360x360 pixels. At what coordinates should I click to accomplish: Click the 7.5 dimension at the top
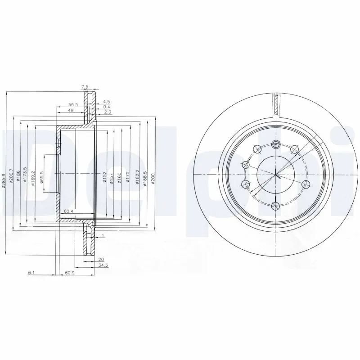point(85,86)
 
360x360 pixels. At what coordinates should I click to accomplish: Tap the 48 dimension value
point(71,110)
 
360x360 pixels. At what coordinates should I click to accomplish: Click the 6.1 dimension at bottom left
point(30,273)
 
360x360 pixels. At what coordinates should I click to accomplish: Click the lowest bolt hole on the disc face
point(276,206)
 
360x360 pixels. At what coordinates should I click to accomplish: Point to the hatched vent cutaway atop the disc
point(276,105)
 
